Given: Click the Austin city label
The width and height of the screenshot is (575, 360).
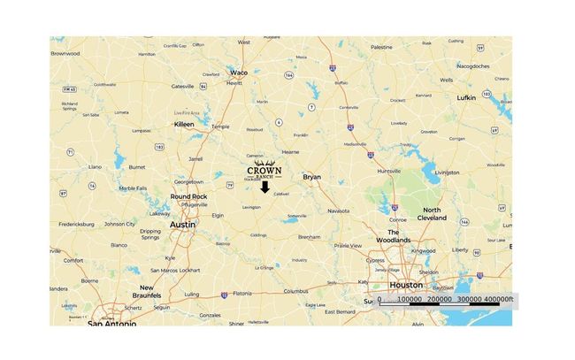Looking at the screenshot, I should pos(181,225).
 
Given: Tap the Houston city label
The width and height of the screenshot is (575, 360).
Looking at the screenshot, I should pos(405,286).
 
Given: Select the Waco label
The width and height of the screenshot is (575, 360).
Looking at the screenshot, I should pos(239,72).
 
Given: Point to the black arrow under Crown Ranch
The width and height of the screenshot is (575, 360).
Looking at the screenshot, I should pos(264,187).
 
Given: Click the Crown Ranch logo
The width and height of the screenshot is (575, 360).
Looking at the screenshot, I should pos(264,169).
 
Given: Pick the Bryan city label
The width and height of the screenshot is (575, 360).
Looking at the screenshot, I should pos(312,177).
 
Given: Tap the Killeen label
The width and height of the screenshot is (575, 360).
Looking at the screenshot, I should pos(184,125).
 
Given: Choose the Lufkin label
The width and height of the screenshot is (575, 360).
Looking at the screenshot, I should pos(466,96).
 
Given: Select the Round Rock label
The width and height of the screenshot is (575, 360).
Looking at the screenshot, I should pos(188,196).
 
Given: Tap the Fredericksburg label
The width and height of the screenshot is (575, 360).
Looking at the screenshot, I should pos(82,225).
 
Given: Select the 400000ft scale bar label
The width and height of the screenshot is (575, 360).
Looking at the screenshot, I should pos(497,300).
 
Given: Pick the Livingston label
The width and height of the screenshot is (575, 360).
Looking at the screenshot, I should pos(448,172).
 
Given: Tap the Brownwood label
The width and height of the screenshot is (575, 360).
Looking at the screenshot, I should pos(65,53).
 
